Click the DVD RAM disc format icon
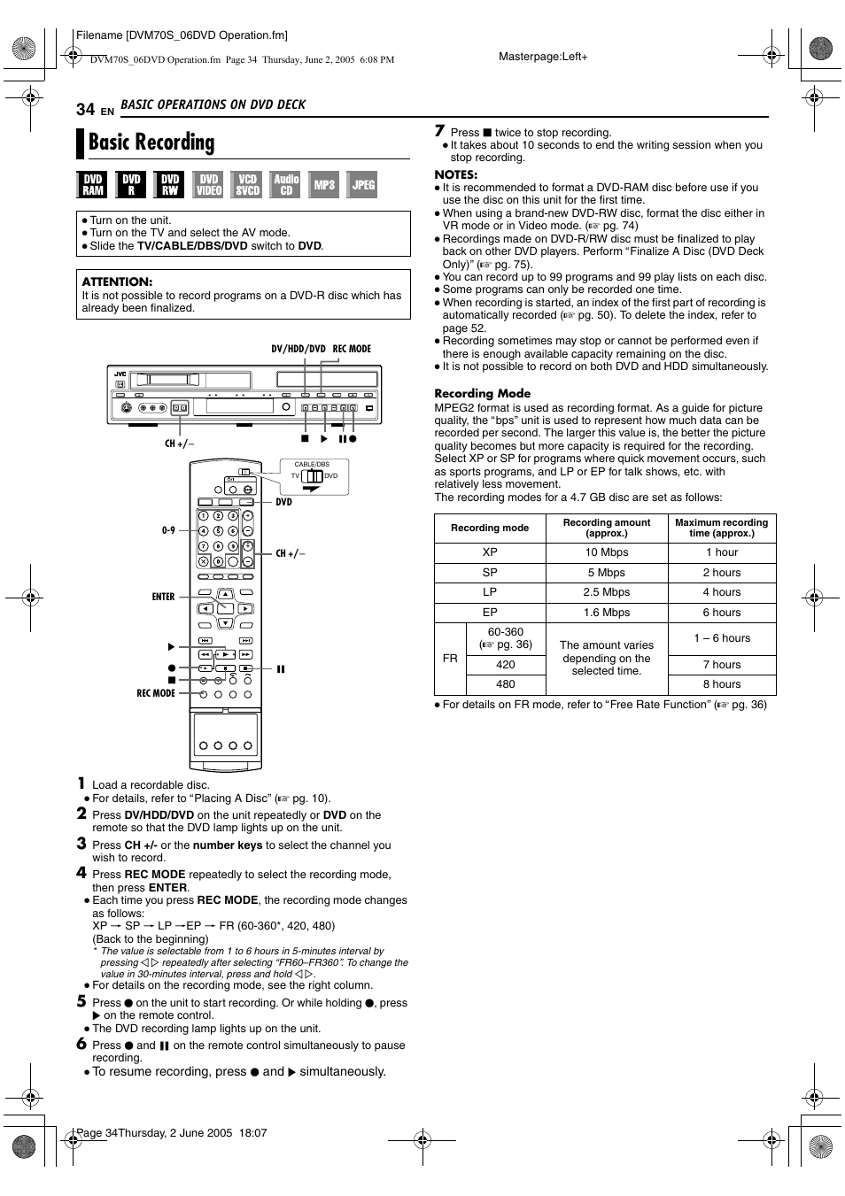coord(93,184)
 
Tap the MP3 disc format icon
coord(324,184)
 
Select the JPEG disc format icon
coord(362,184)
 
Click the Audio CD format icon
coord(286,184)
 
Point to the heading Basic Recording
coord(151,143)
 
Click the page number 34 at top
coord(85,109)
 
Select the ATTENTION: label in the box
coord(117,282)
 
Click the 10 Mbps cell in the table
coord(606,552)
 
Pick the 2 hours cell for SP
coord(721,573)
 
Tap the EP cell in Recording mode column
coord(490,613)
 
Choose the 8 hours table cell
coord(721,684)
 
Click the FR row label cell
coord(450,659)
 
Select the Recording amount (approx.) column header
coord(606,528)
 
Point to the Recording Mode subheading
coord(482,393)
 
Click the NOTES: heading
coord(455,174)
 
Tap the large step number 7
coord(439,131)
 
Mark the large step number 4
coord(81,872)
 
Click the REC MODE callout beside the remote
coord(156,693)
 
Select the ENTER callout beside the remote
coord(163,597)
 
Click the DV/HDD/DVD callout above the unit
coord(298,349)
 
